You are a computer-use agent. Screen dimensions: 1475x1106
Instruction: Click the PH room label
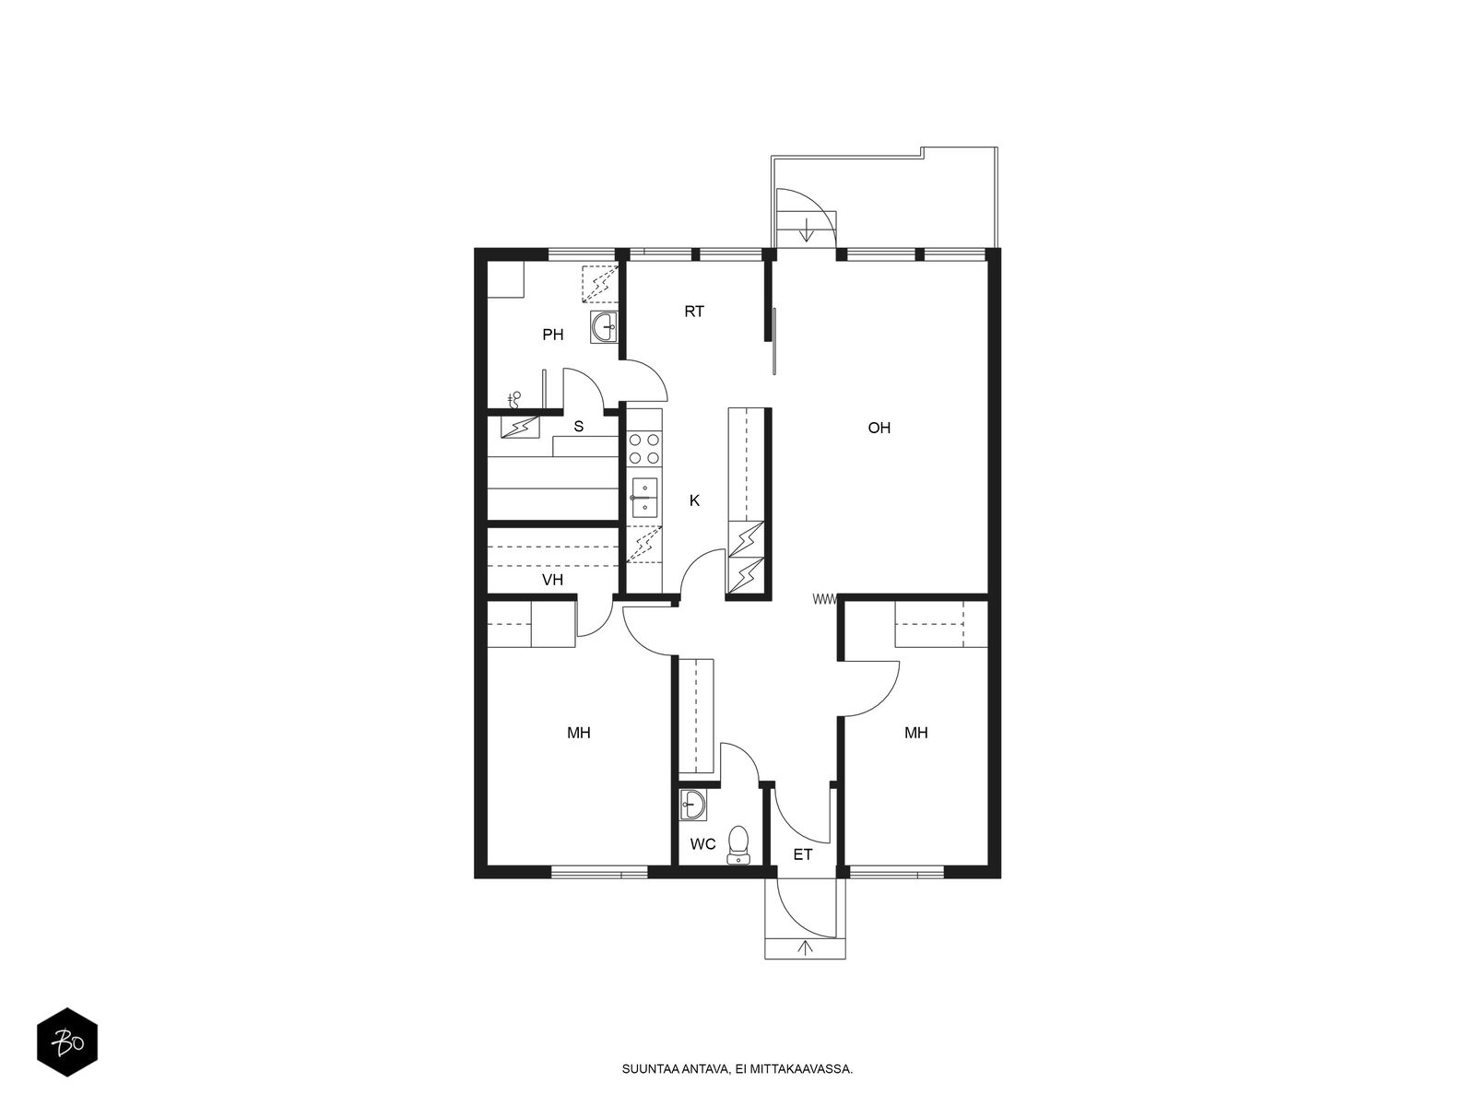click(x=552, y=335)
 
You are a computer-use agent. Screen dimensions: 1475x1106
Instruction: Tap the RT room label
click(x=694, y=312)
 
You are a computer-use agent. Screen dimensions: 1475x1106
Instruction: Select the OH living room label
click(x=879, y=428)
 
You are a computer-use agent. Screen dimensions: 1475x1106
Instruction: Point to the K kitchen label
click(x=694, y=500)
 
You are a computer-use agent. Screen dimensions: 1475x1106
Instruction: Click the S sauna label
click(x=579, y=427)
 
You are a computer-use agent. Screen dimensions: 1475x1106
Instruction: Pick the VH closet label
click(x=552, y=580)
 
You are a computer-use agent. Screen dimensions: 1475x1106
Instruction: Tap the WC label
click(x=702, y=844)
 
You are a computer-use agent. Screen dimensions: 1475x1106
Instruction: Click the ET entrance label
click(x=802, y=854)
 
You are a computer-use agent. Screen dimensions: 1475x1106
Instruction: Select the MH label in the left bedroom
click(x=579, y=733)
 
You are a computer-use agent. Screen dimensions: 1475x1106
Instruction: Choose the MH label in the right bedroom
click(x=916, y=733)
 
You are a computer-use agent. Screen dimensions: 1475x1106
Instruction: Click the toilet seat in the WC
click(x=738, y=845)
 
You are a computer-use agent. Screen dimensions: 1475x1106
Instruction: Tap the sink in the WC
click(x=693, y=805)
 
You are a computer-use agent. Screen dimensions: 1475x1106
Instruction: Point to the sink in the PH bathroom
click(x=605, y=327)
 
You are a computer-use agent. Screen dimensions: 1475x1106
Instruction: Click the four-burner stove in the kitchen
click(x=643, y=449)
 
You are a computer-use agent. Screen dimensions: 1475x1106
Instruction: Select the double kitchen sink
click(x=643, y=498)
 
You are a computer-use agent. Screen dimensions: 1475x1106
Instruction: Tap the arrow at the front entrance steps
click(x=805, y=947)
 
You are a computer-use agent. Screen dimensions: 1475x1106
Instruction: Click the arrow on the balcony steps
click(x=807, y=231)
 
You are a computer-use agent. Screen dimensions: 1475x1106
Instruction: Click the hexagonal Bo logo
click(x=67, y=1043)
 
